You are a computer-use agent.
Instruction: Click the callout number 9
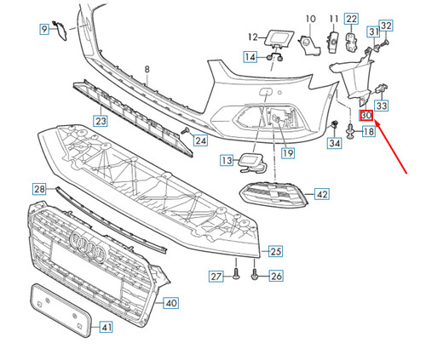43,31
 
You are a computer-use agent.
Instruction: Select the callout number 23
101,121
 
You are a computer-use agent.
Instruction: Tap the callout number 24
199,140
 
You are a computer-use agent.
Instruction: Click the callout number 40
170,302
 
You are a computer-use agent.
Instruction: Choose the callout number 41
106,326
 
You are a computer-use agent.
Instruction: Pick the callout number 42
321,195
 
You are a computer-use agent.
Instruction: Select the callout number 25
275,251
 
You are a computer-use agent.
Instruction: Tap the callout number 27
216,276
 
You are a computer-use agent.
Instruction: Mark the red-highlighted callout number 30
366,116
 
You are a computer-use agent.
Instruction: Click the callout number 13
225,160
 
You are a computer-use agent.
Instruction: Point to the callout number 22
352,18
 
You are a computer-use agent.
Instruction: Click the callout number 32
385,26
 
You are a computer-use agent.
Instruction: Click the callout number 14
250,57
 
